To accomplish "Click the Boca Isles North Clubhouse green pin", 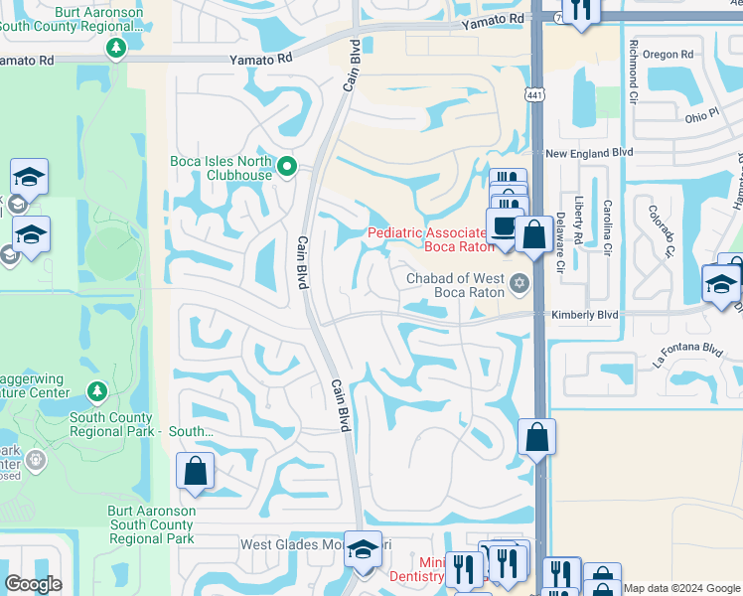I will pos(288,166).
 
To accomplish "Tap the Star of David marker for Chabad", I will pos(518,286).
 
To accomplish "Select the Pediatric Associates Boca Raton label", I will pos(428,239).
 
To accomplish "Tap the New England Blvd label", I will pos(589,153).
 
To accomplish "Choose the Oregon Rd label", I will pos(668,55).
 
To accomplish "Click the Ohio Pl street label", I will pos(701,116).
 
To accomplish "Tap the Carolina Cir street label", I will pos(607,226).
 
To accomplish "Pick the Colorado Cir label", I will pos(661,229).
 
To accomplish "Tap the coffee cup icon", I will pos(505,224).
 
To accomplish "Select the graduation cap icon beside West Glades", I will pos(363,548).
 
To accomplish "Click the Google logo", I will pos(33,584).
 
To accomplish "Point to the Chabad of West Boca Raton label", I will pos(456,286).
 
